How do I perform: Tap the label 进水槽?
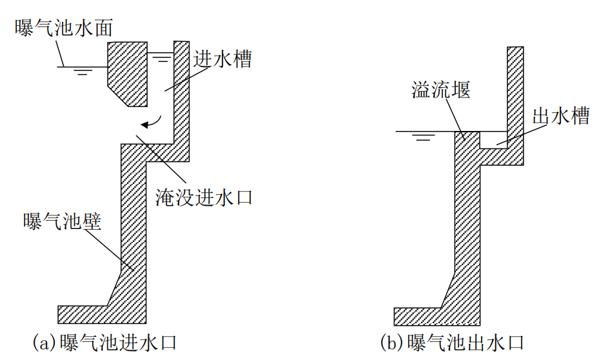pos(222,59)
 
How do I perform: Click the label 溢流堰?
pos(440,89)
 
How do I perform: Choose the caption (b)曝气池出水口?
pos(452,342)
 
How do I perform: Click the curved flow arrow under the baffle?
pos(153,123)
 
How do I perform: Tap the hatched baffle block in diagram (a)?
pos(127,71)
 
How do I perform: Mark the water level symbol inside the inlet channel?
pos(162,57)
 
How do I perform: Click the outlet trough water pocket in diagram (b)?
pos(494,139)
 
